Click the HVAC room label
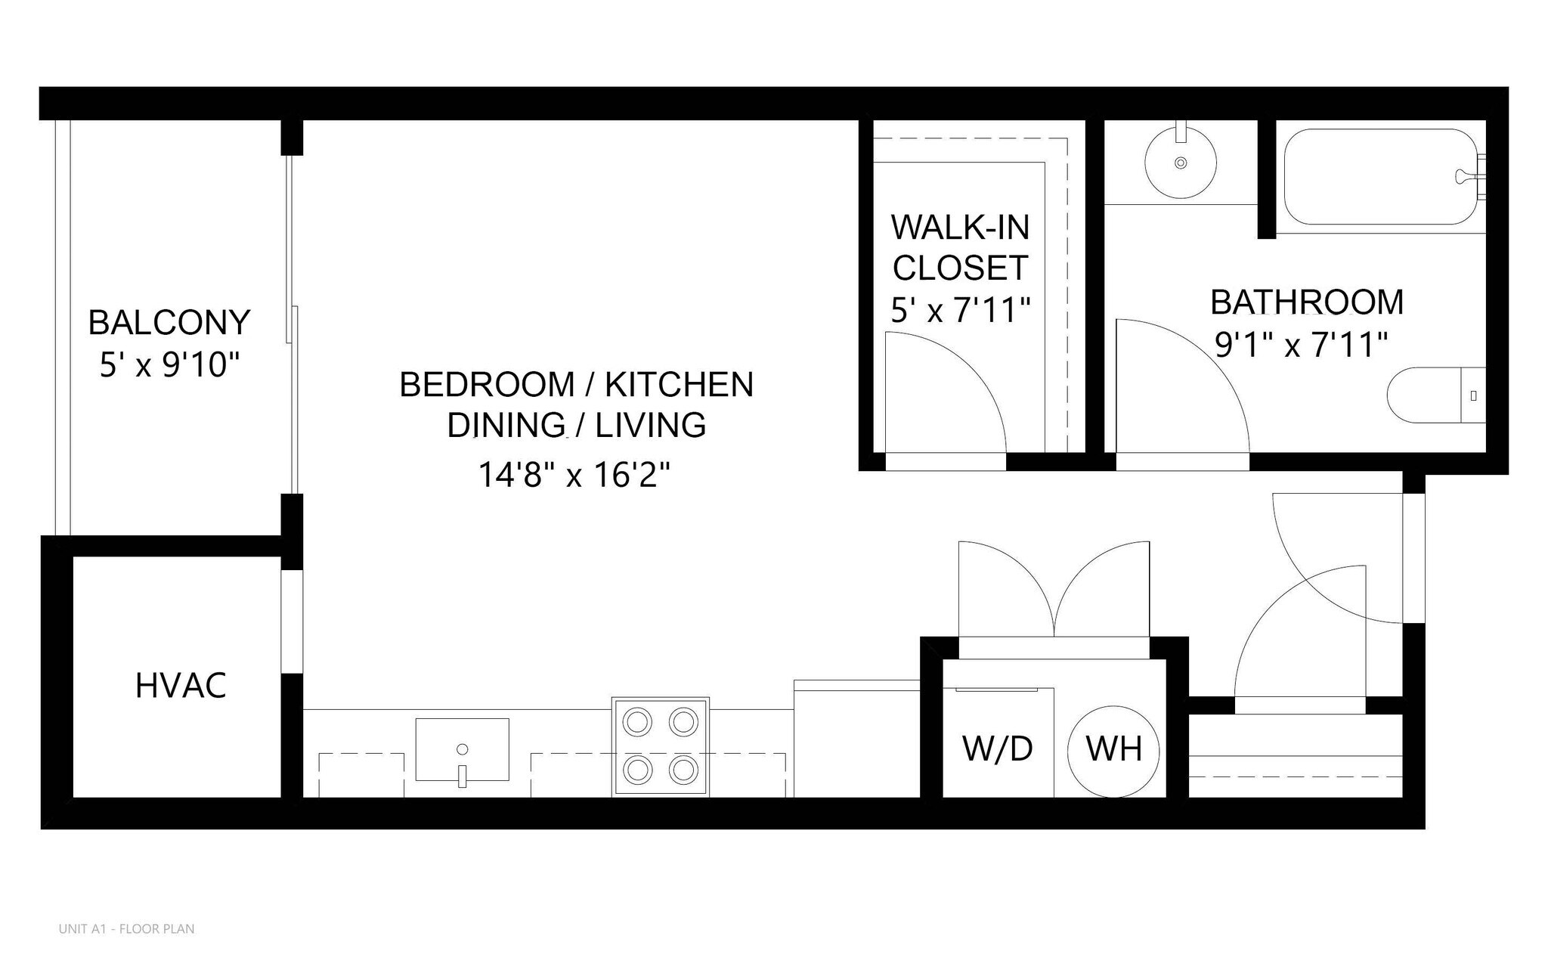point(181,686)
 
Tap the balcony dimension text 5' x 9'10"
point(169,366)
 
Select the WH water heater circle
point(1113,751)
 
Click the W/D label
point(997,748)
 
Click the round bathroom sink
point(1181,163)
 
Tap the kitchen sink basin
point(462,749)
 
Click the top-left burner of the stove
point(638,721)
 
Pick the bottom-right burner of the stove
point(683,770)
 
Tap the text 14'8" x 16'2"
point(574,476)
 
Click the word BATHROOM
point(1307,302)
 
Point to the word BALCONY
point(169,323)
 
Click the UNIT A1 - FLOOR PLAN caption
point(126,929)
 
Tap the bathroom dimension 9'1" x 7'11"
point(1302,346)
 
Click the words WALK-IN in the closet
point(960,227)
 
